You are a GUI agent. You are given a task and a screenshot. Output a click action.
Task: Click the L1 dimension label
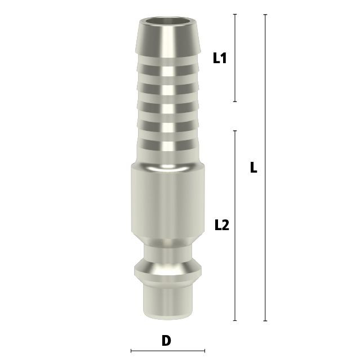click(x=220, y=58)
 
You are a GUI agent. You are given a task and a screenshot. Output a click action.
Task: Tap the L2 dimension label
click(x=222, y=225)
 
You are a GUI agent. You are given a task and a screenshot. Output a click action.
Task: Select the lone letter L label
click(x=254, y=167)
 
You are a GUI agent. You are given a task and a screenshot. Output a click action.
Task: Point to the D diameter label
click(x=166, y=341)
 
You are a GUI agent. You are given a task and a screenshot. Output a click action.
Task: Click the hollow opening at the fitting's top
click(x=168, y=21)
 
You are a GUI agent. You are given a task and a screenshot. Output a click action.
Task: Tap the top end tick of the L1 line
click(x=235, y=14)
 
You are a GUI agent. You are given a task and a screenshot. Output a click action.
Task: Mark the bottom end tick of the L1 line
click(x=235, y=102)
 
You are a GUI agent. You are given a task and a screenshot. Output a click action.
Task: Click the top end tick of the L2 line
click(x=235, y=130)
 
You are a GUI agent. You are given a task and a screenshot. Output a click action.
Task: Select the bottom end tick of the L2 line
click(x=235, y=320)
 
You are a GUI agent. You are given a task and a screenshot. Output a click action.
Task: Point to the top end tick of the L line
click(x=265, y=15)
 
